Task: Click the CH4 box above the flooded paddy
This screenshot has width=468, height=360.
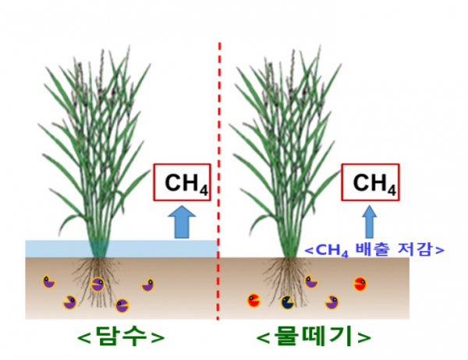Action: [x=181, y=183]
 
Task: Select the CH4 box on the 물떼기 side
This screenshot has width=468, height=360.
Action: [x=370, y=183]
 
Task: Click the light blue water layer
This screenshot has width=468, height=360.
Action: [x=55, y=249]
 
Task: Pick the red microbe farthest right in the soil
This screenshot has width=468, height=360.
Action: [x=360, y=283]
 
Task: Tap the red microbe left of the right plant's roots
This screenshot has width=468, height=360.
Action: [x=254, y=298]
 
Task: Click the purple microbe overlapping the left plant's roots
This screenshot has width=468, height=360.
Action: [x=97, y=284]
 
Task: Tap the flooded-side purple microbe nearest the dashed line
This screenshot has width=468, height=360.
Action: [x=147, y=285]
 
